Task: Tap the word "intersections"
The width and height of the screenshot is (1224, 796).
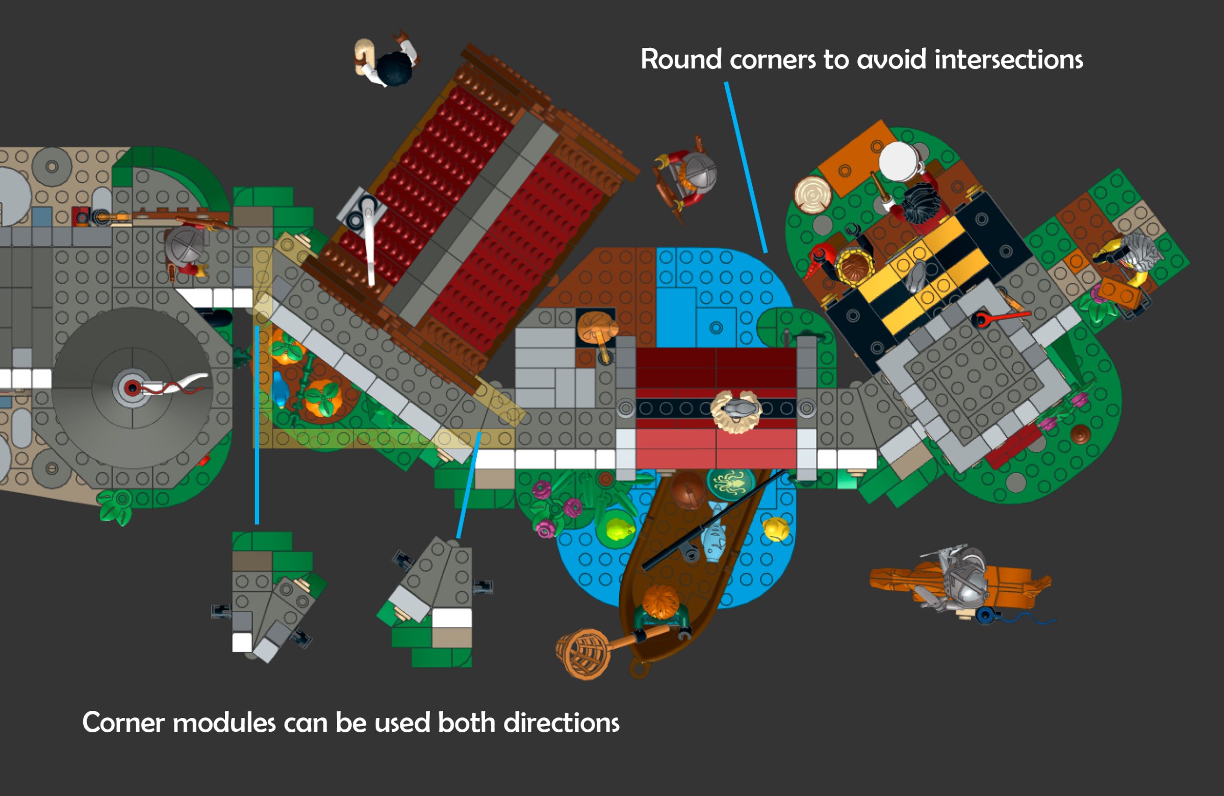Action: [x=1008, y=60]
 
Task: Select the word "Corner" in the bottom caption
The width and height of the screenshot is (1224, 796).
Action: [x=123, y=723]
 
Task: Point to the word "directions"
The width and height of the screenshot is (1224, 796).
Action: [x=561, y=723]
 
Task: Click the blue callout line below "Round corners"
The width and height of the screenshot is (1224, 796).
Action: [x=746, y=167]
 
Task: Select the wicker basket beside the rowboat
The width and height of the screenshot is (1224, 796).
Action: [x=584, y=654]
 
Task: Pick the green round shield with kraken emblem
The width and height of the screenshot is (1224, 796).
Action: [x=730, y=483]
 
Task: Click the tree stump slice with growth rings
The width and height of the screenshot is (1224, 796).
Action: [x=813, y=194]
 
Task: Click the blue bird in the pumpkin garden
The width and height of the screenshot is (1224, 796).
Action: [x=279, y=389]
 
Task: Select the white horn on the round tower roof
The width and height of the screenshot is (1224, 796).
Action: [x=190, y=383]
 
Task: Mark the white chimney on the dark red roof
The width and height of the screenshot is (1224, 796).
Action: [x=369, y=242]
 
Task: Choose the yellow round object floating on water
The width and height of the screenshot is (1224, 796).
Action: [x=776, y=529]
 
